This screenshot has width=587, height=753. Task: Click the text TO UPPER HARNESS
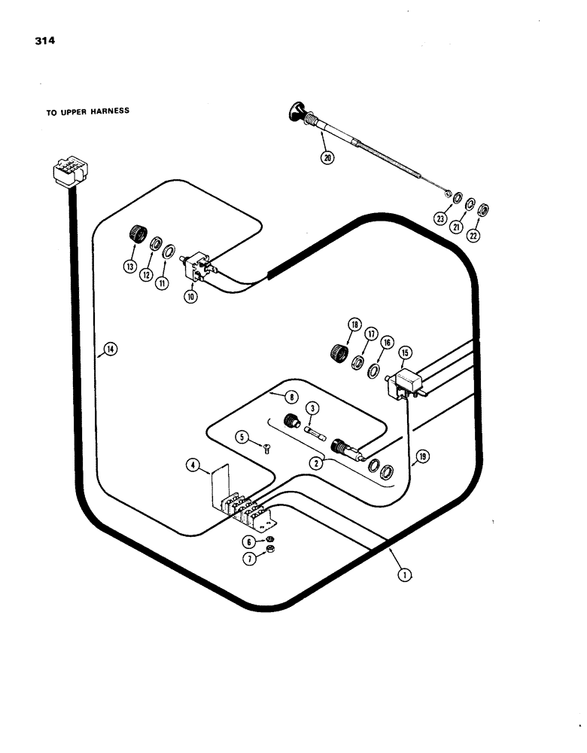point(87,111)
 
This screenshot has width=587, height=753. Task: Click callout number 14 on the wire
point(110,349)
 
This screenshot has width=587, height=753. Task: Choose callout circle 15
point(406,353)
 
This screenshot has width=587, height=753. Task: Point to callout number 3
point(315,407)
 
